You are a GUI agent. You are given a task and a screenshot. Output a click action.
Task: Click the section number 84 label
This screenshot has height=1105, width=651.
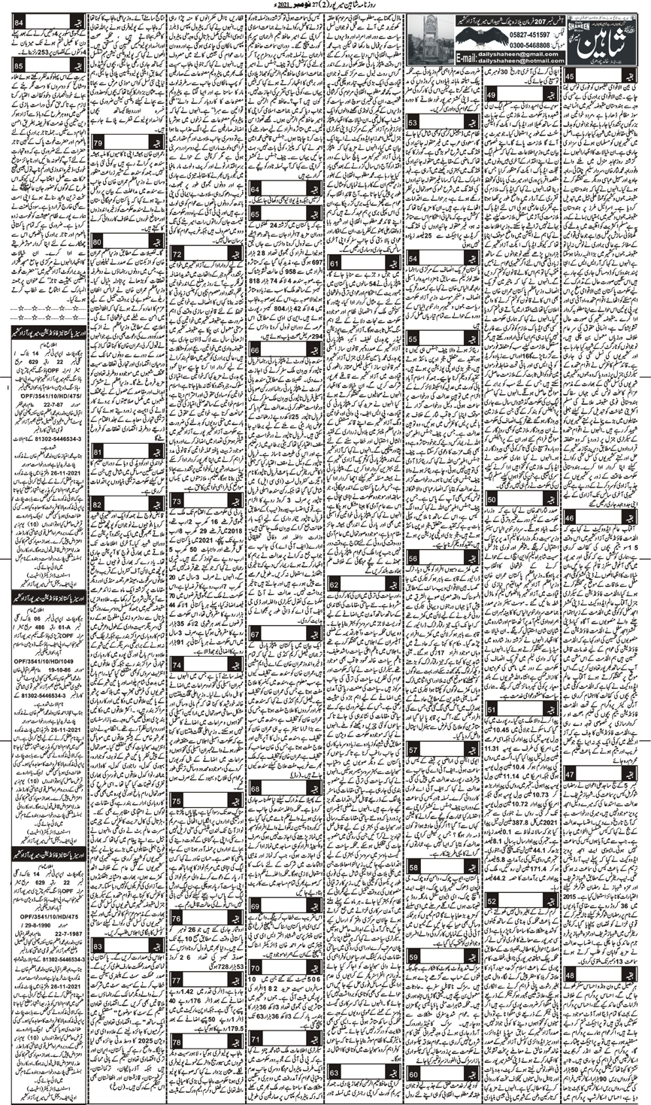[18, 20]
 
